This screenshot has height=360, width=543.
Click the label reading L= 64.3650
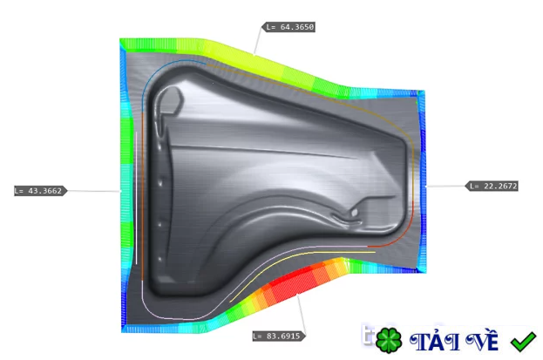290,27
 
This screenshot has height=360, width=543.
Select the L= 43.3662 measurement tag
40,190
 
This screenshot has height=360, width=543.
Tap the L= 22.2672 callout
493,186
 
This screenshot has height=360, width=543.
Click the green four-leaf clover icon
389,339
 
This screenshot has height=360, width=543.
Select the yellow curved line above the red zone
279,262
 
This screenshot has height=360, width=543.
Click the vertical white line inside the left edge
137,200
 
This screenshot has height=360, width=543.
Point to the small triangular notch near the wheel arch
352,212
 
